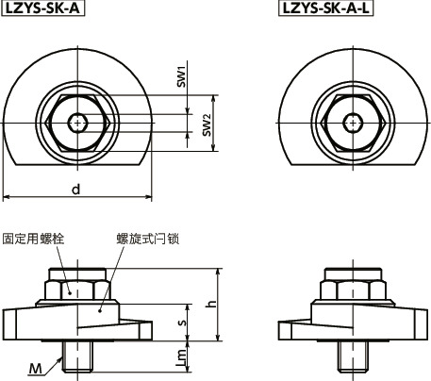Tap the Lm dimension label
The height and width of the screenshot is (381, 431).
click(x=182, y=356)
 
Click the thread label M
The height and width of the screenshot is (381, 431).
click(x=33, y=366)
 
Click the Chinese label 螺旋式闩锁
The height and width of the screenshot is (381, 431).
click(x=147, y=238)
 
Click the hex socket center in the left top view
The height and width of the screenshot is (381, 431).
click(x=77, y=121)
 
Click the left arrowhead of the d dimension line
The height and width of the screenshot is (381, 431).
click(x=7, y=198)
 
